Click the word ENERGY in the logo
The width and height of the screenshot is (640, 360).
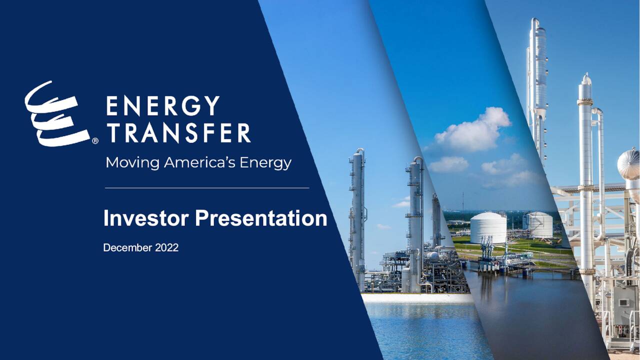click(163, 105)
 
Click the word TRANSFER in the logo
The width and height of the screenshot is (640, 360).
click(178, 133)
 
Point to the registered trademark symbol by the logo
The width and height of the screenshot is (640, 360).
click(95, 141)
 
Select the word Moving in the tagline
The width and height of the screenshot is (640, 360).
click(132, 163)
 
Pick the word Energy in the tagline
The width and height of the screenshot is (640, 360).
click(265, 163)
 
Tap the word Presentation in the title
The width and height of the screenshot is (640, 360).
click(261, 218)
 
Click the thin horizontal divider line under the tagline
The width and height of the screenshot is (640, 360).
click(206, 188)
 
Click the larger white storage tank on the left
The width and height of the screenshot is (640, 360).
click(488, 227)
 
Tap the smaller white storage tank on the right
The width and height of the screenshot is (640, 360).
click(540, 225)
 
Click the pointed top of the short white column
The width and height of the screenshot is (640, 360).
click(586, 78)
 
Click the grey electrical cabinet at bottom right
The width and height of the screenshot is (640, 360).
click(625, 305)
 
